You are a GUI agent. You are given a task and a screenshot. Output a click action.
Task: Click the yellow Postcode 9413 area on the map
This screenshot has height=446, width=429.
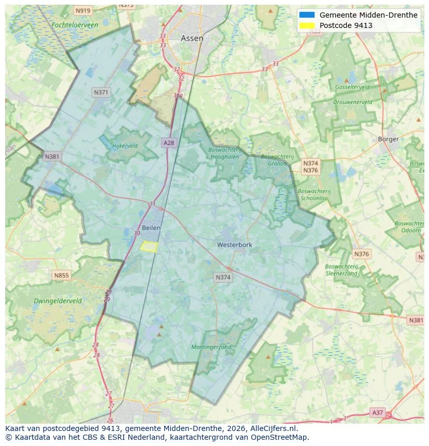[149, 247]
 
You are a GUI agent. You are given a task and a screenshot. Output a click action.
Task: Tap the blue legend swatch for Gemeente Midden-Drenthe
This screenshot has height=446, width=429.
[307, 15]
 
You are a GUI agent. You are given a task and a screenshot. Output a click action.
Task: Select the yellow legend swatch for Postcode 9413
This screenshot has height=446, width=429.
[307, 25]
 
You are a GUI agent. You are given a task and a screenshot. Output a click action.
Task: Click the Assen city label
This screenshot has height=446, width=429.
[192, 38]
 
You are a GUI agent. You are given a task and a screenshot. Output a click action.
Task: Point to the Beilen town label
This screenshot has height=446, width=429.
[151, 228]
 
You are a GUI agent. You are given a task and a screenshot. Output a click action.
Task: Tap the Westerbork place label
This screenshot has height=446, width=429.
[235, 244]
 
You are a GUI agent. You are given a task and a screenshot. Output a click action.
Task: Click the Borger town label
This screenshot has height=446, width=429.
[388, 139]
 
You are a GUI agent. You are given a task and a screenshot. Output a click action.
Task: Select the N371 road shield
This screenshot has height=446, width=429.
[101, 92]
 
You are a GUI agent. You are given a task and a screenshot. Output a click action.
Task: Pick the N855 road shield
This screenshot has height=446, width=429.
[61, 276]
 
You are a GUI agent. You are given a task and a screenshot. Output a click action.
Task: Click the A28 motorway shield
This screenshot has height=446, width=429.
[168, 142]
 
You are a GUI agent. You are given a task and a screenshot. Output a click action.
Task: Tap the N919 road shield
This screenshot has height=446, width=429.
[82, 10]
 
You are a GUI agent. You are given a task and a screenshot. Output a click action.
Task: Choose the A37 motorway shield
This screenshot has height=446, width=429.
[378, 412]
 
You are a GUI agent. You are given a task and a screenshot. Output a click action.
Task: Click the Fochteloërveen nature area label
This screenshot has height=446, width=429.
[75, 25]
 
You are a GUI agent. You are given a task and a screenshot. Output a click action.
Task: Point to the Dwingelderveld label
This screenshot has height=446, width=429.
[58, 300]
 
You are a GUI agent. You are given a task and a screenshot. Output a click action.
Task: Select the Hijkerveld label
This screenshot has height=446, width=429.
[125, 146]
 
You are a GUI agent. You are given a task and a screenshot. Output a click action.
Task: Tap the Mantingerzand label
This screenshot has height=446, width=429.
[211, 347]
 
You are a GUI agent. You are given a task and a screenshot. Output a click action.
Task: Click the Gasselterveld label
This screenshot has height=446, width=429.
[352, 87]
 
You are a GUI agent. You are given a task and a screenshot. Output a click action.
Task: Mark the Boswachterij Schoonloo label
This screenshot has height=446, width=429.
[314, 194]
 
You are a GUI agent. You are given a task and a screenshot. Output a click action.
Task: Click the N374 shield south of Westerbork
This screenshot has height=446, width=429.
[223, 278]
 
